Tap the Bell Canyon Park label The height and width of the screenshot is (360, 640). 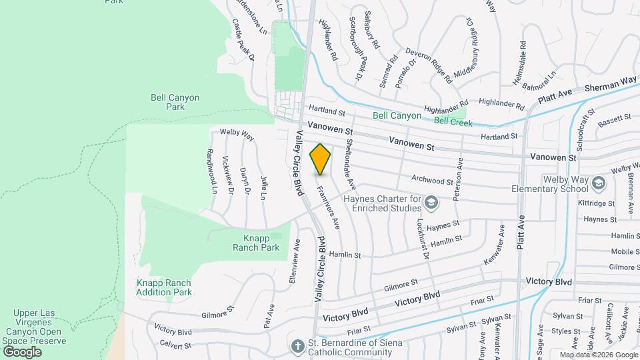click(x=175, y=102)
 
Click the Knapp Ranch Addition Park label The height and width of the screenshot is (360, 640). click(x=164, y=287)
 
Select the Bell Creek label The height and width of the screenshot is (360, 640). click(x=453, y=123)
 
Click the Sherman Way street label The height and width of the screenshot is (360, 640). click(x=611, y=85)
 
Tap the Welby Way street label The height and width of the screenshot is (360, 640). click(x=237, y=135)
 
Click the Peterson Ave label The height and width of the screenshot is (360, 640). click(x=459, y=177)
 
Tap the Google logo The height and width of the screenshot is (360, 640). click(x=22, y=351)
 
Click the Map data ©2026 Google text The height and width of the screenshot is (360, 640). click(x=598, y=355)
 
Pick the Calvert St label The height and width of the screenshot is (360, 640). click(x=175, y=345)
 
